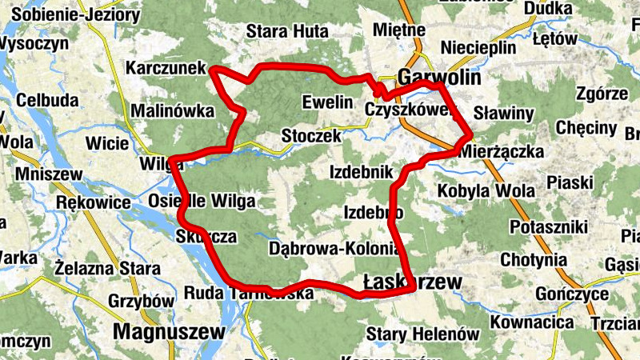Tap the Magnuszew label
pyautogui.click(x=166, y=330)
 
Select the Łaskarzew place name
pyautogui.click(x=413, y=282)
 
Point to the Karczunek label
pyautogui.click(x=166, y=70)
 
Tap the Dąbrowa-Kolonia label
pyautogui.click(x=334, y=248)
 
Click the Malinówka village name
pyautogui.click(x=172, y=110)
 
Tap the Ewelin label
pyautogui.click(x=327, y=102)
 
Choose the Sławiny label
pyautogui.click(x=503, y=114)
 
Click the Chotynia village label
pyautogui.click(x=533, y=260)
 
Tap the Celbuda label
pyautogui.click(x=47, y=101)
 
